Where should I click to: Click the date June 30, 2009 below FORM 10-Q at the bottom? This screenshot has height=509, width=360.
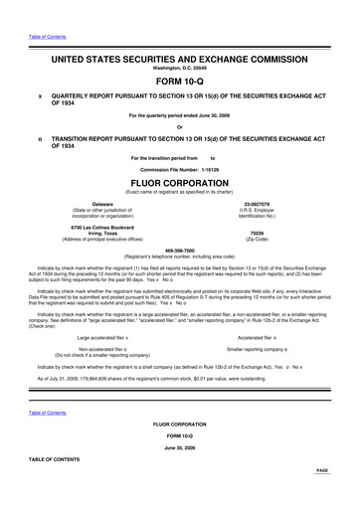coord(179,448)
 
